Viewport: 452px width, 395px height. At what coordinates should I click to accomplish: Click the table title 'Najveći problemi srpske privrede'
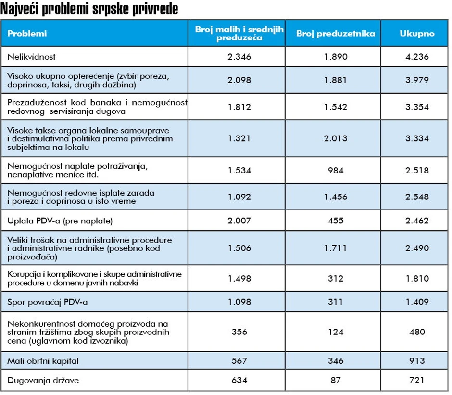89,10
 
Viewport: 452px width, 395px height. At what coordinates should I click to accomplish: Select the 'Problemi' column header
27,34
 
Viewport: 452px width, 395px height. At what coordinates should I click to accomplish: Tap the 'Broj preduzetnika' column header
335,34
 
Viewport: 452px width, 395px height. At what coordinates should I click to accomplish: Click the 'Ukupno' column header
417,34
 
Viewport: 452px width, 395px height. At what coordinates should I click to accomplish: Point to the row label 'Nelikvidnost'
32,57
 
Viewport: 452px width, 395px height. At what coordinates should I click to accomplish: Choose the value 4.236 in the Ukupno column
417,57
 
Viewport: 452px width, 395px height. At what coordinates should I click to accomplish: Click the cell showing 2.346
239,57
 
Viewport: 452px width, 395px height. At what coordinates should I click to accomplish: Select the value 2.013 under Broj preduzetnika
335,139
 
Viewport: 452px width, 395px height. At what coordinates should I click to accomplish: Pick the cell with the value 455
335,221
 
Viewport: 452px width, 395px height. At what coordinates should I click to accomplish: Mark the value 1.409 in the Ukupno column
417,302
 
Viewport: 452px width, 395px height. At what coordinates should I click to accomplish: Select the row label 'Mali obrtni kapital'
43,361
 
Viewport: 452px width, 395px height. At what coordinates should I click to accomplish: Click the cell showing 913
417,361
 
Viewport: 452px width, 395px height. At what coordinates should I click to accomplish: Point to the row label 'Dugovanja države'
43,381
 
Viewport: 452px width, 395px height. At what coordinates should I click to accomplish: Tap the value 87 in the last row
335,381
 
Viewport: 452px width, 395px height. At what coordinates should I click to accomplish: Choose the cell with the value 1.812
239,107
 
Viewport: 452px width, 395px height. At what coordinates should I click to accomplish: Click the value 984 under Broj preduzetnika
335,170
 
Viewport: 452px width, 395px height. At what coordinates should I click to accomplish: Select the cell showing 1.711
335,248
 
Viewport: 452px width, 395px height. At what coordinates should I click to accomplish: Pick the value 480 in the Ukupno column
417,332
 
